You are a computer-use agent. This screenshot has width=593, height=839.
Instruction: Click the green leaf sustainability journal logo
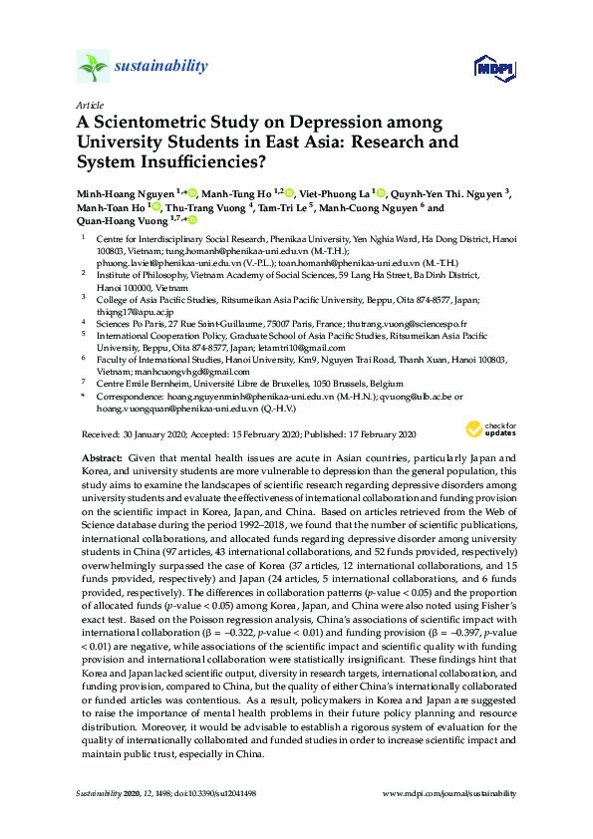click(93, 68)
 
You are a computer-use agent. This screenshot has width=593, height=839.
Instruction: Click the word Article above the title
click(89, 105)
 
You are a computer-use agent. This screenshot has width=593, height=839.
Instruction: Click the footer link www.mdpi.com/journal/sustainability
click(449, 793)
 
